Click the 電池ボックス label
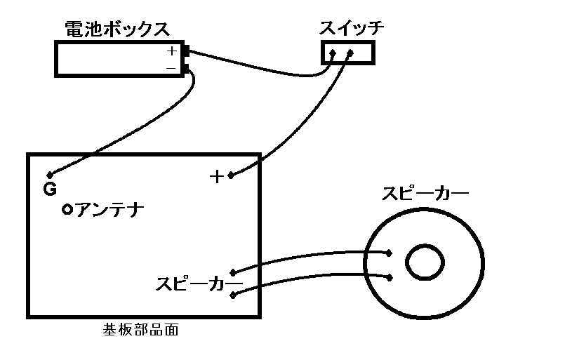(x=117, y=29)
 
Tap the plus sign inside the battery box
(x=172, y=51)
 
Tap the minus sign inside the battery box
(x=171, y=67)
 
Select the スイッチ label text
(x=352, y=29)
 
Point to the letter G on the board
(x=50, y=189)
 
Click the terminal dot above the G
(x=49, y=174)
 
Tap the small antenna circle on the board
(x=67, y=209)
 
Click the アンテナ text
(x=109, y=208)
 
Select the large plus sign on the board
(x=218, y=176)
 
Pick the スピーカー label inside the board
(x=199, y=284)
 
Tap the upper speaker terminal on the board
(x=234, y=271)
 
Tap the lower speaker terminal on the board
(x=234, y=294)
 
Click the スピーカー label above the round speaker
(x=425, y=194)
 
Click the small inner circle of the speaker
(x=425, y=262)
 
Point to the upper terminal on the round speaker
(x=389, y=253)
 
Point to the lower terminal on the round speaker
(x=389, y=277)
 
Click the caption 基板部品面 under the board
(x=140, y=330)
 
